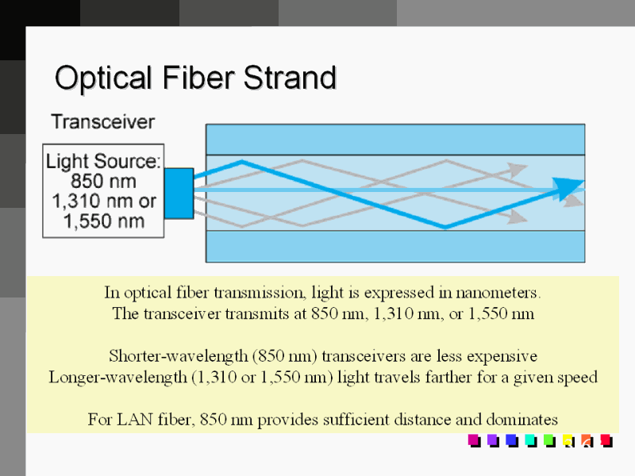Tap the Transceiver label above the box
(102, 121)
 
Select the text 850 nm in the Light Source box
(103, 181)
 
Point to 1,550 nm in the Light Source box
(103, 220)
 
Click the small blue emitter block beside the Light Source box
(179, 192)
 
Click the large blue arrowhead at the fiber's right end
(569, 189)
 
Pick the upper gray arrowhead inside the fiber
(518, 169)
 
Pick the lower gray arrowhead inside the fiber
(518, 217)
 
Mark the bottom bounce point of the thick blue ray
(445, 227)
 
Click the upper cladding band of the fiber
(395, 139)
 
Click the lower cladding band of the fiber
(395, 246)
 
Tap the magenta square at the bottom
(474, 440)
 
